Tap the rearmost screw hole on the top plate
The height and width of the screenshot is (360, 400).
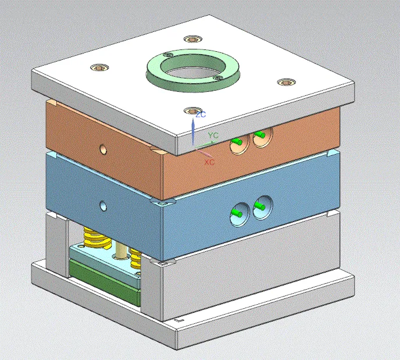coord(192,40)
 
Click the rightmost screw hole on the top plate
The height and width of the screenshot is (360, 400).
coord(284,82)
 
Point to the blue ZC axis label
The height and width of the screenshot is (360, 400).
coord(201,115)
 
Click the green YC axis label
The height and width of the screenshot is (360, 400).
coord(213,136)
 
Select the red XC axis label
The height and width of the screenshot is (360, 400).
coord(209,162)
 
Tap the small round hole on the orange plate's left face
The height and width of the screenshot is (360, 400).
coord(103,149)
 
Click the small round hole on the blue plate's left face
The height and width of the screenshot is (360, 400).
coord(103,205)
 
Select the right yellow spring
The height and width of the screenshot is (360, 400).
coord(136,256)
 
